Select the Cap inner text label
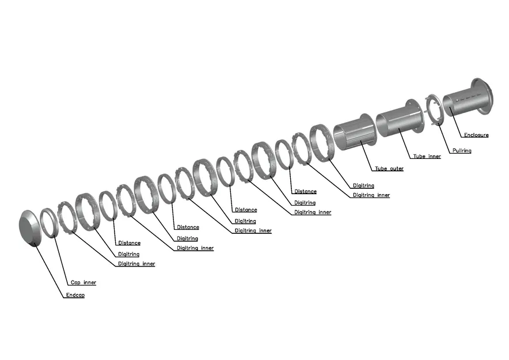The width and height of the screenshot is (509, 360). point(83,283)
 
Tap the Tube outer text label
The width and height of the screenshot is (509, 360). point(389,169)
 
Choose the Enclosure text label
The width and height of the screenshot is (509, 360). point(476,135)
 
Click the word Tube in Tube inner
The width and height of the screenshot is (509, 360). point(419,157)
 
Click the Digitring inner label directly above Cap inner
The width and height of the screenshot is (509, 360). point(136,264)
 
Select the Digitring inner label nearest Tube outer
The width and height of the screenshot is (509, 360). point(371,195)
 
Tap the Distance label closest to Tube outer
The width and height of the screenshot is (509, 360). point(305,192)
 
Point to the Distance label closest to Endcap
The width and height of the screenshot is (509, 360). point(129,243)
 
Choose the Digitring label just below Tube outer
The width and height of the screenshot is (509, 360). point(363,185)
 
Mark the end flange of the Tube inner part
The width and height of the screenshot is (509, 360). point(417,115)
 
